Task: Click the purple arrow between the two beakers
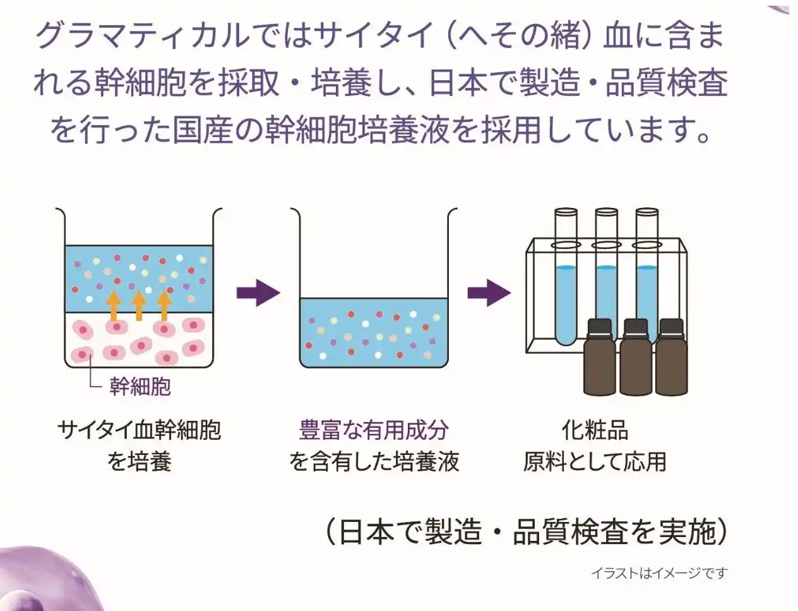coord(258,293)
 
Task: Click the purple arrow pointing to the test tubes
coord(489,293)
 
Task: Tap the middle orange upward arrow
coord(138,305)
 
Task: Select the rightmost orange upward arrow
coord(164,305)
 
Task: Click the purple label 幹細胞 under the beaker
coord(140,386)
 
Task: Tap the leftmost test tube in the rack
coord(565,278)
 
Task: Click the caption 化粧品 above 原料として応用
coord(595,431)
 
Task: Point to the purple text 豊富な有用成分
coord(374,431)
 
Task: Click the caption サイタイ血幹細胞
coord(139,431)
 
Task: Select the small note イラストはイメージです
coord(659,573)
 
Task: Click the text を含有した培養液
coord(374,462)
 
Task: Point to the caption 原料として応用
coord(595,462)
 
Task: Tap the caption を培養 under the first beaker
coord(139,462)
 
